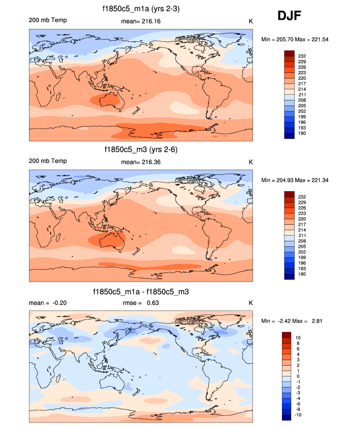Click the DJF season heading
[x=289, y=16]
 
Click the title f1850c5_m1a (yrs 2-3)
[x=141, y=8]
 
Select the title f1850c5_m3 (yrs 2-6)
[x=141, y=149]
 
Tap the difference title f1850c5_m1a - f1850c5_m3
[x=141, y=292]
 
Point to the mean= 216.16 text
[x=140, y=21]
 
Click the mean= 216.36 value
[x=140, y=162]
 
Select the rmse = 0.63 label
[x=140, y=303]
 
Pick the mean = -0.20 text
[x=48, y=303]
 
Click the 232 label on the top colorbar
[x=302, y=56]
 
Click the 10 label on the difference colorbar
[x=298, y=338]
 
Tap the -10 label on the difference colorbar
[x=299, y=414]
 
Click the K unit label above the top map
[x=250, y=21]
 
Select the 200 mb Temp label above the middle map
[x=48, y=161]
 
